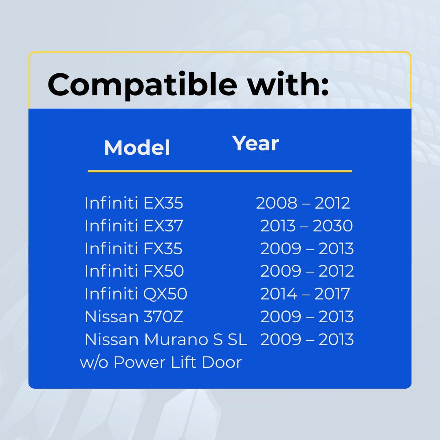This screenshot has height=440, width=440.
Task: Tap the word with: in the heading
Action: [x=288, y=84]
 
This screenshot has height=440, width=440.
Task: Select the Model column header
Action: [x=137, y=147]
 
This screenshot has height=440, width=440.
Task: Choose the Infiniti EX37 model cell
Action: [x=134, y=226]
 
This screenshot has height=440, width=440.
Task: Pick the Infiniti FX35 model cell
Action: [x=134, y=249]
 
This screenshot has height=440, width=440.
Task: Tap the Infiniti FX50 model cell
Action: [x=134, y=271]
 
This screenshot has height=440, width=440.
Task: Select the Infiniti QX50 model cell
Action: [x=136, y=294]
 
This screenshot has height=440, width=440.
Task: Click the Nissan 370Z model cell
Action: [x=134, y=317]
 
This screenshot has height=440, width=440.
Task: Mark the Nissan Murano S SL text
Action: [x=166, y=339]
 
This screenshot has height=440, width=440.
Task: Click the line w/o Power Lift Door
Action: [x=161, y=362]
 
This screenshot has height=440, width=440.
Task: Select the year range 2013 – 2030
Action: [x=306, y=226]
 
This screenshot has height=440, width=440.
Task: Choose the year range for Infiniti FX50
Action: [x=307, y=271]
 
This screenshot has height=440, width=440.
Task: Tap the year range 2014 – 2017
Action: [x=305, y=294]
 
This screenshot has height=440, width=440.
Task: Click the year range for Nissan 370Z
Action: [x=307, y=317]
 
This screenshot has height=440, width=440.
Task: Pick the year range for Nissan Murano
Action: [x=307, y=339]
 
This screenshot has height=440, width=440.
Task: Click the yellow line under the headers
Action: [x=220, y=171]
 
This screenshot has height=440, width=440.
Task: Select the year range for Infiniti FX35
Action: [x=307, y=249]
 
